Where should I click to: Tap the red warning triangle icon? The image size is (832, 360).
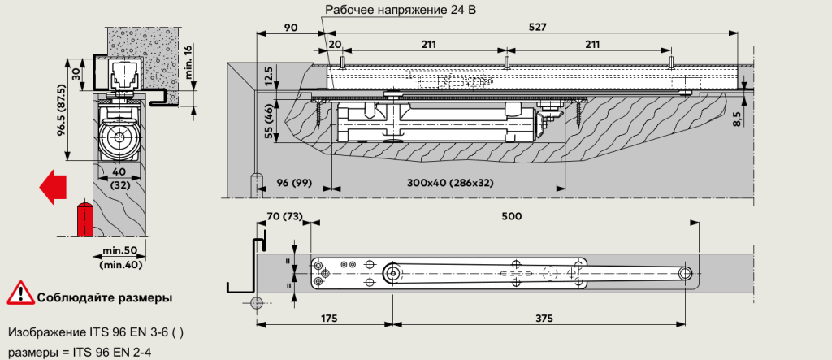pyautogui.click(x=19, y=297)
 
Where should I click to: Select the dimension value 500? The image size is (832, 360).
pyautogui.click(x=511, y=216)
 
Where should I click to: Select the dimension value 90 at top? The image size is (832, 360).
pyautogui.click(x=290, y=27)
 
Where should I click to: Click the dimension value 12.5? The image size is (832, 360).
pyautogui.click(x=269, y=77)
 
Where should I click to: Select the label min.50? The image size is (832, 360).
pyautogui.click(x=119, y=252)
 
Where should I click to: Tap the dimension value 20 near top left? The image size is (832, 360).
pyautogui.click(x=334, y=44)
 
